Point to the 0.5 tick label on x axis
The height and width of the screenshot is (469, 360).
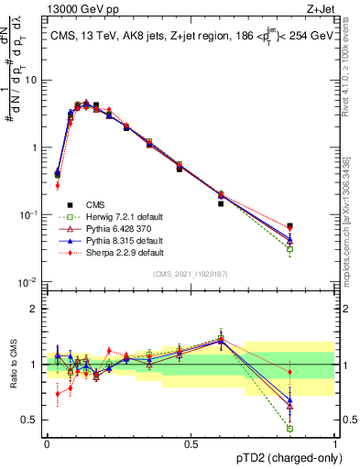pos(191,443)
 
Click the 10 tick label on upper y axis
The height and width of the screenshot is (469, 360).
pos(31,80)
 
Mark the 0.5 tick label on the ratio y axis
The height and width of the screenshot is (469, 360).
pos(29,420)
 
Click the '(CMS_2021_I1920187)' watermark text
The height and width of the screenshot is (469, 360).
pos(190,274)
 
